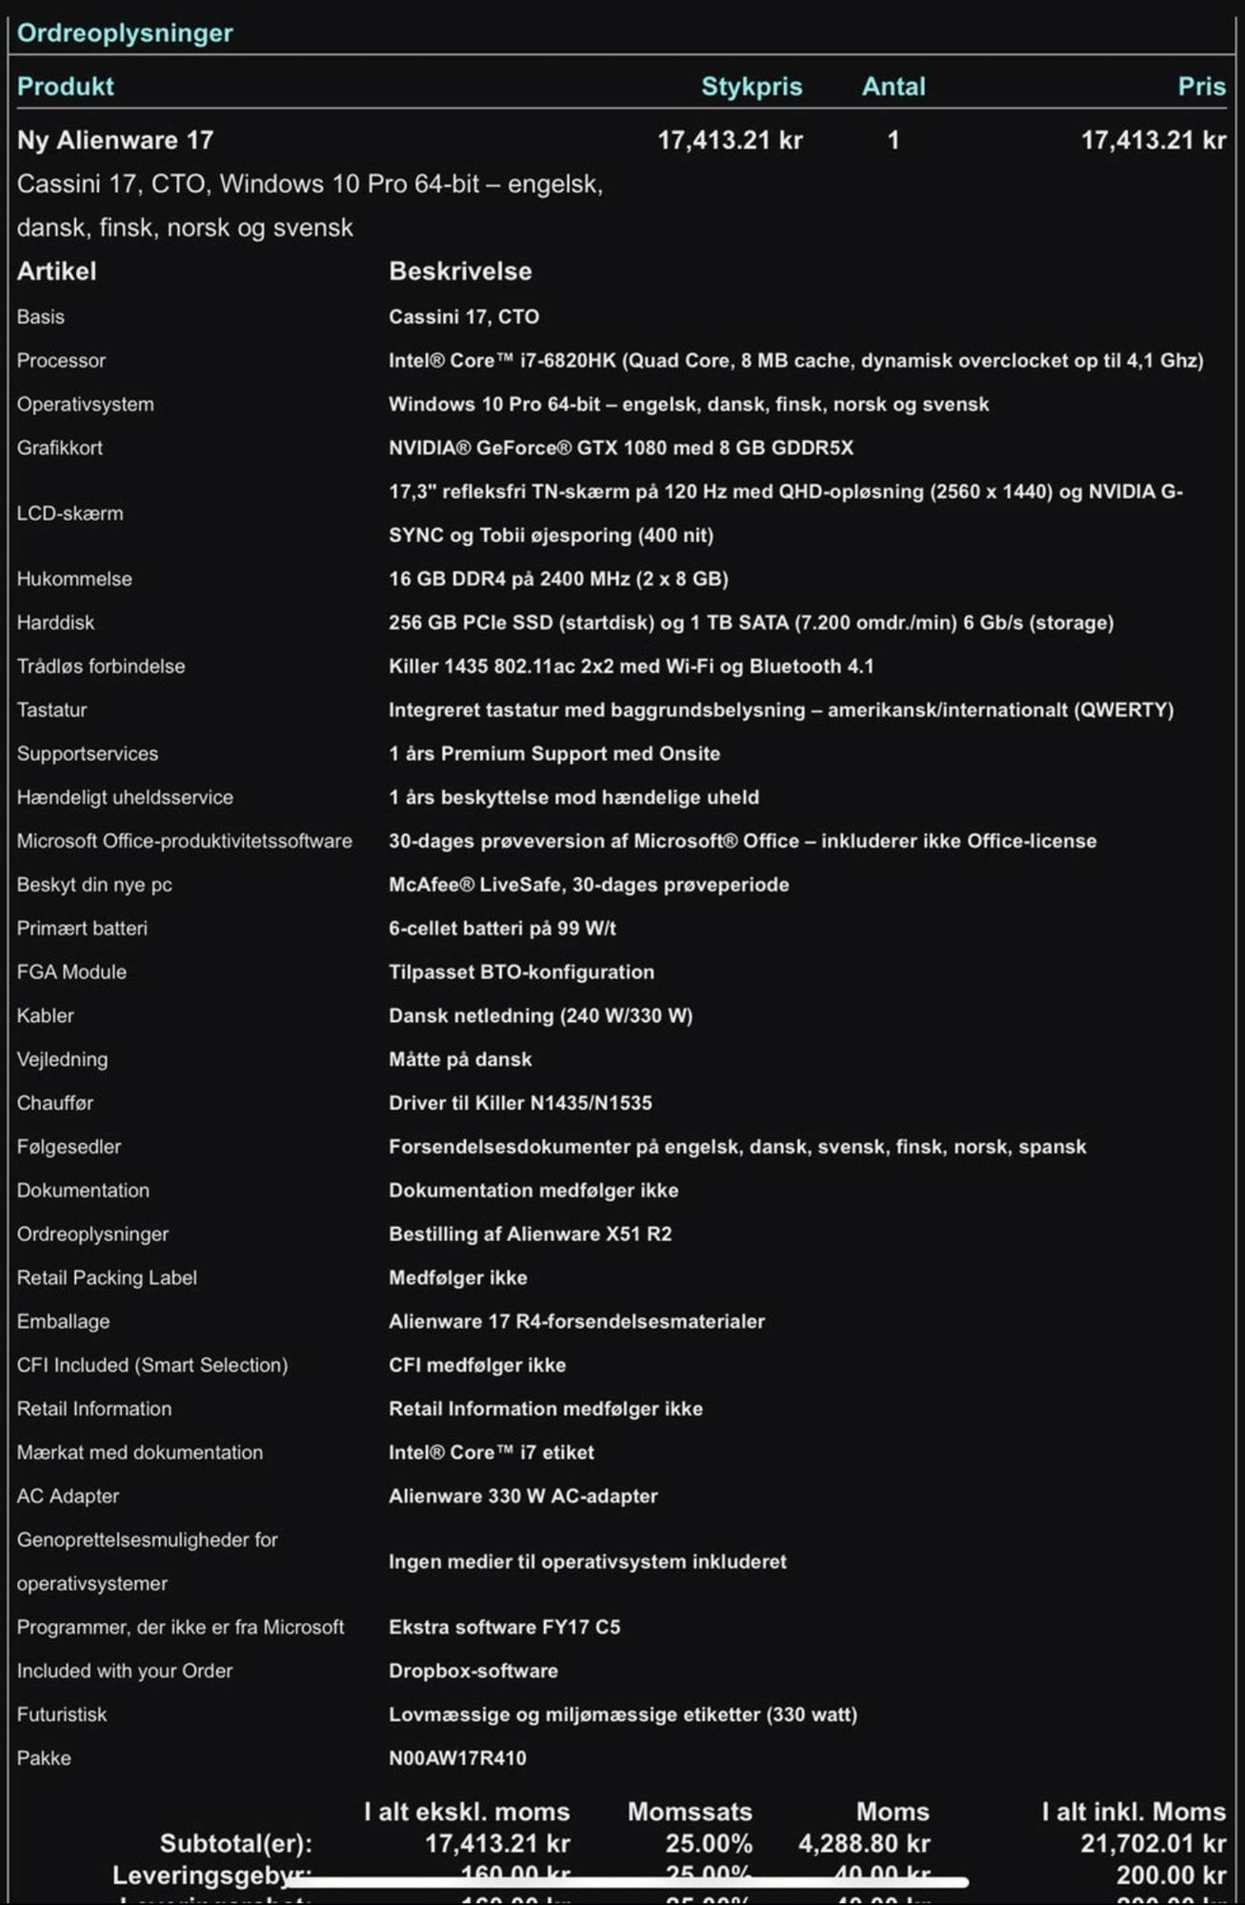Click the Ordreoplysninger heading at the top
125,33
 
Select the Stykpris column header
751,87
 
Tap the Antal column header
893,87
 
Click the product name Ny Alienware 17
115,140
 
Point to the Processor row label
61,361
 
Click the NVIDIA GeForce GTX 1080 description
620,448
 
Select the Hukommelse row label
74,579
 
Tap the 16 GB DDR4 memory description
557,579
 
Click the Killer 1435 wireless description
631,667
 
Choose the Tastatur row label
51,710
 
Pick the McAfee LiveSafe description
588,885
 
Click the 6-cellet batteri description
502,929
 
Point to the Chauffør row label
55,1103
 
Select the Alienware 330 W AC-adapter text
523,1496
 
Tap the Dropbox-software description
472,1671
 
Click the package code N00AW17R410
457,1758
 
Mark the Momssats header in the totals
689,1812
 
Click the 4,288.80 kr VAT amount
863,1844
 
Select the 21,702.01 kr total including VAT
1153,1844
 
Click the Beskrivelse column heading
460,271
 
